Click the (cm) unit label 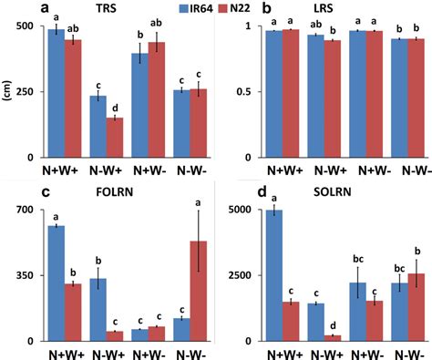8,92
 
